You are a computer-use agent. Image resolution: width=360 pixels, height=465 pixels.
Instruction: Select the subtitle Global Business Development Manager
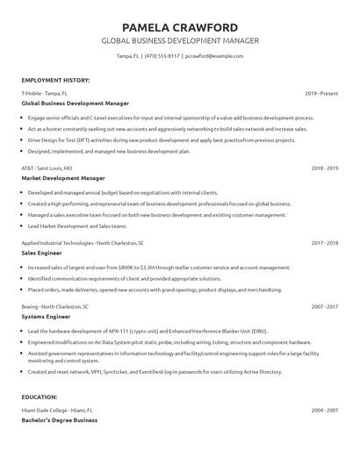tap(180, 41)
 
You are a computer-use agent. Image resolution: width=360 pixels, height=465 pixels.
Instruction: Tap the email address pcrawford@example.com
tap(214, 56)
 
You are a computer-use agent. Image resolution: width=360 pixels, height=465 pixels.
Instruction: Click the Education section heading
tap(40, 397)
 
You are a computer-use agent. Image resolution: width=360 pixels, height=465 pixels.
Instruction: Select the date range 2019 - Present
tap(321, 92)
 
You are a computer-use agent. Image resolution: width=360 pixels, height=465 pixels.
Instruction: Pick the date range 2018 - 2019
tap(324, 167)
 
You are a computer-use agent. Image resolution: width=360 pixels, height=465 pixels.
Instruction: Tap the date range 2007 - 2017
tap(324, 307)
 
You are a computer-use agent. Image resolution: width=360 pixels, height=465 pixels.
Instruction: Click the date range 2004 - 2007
tap(324, 410)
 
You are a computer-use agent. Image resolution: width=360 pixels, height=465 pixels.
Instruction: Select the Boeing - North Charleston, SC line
tap(54, 307)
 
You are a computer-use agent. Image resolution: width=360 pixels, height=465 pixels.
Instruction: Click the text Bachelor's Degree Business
tap(59, 420)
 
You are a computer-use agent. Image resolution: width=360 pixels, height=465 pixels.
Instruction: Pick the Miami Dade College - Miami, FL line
tap(58, 410)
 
